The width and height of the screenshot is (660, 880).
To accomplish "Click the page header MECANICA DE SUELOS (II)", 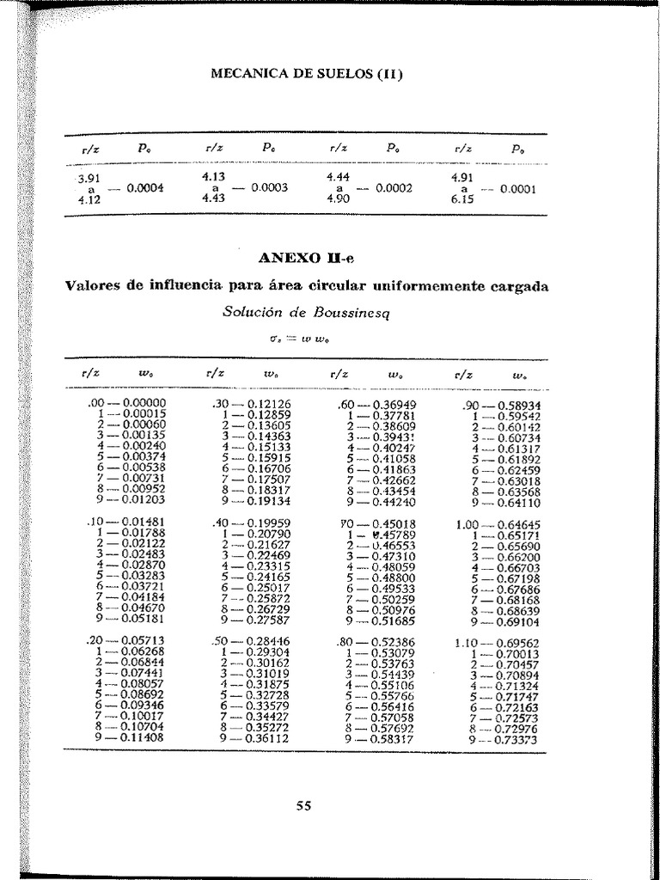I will click(307, 73).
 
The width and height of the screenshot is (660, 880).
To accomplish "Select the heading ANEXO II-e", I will click(306, 258).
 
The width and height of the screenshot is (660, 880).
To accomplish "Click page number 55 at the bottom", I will click(303, 805).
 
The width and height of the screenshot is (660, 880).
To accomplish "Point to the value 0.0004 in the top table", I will click(145, 188).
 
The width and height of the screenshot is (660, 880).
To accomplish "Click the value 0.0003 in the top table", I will click(269, 187).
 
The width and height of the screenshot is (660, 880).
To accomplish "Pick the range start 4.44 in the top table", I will click(338, 176).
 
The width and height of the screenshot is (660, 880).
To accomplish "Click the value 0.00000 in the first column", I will click(145, 403).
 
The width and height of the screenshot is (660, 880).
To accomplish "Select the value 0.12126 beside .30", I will click(268, 403).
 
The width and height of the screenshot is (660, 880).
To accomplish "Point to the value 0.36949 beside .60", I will click(394, 403).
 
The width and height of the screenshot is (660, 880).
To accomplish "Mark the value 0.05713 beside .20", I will click(145, 641).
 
